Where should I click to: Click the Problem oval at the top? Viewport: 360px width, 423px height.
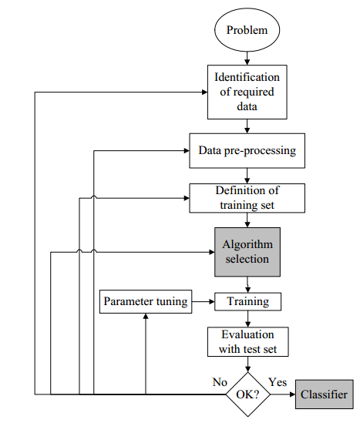pyautogui.click(x=247, y=30)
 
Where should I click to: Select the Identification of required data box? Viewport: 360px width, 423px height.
pyautogui.click(x=247, y=92)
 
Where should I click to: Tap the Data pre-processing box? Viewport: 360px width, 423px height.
pyautogui.click(x=247, y=150)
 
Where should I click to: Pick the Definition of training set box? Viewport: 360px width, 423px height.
pyautogui.click(x=247, y=198)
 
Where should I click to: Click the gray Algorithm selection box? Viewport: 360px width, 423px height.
pyautogui.click(x=247, y=252)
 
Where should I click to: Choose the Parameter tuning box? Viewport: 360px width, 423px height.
pyautogui.click(x=146, y=301)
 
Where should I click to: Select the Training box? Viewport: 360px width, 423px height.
pyautogui.click(x=247, y=301)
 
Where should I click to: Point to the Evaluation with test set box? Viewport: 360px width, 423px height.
pyautogui.click(x=247, y=342)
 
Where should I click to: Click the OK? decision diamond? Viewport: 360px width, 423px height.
pyautogui.click(x=247, y=394)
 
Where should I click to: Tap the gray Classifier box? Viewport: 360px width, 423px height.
pyautogui.click(x=324, y=394)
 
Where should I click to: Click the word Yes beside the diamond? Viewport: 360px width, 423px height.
pyautogui.click(x=278, y=382)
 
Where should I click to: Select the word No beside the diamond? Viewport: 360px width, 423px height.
pyautogui.click(x=220, y=382)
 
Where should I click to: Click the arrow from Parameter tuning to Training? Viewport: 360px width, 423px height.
pyautogui.click(x=204, y=301)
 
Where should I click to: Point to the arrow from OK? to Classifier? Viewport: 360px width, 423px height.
pyautogui.click(x=283, y=394)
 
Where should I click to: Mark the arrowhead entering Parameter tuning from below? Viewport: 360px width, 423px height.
pyautogui.click(x=146, y=316)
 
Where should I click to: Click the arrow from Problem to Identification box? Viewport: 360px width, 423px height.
pyautogui.click(x=247, y=58)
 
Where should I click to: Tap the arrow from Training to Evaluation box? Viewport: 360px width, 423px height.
pyautogui.click(x=247, y=319)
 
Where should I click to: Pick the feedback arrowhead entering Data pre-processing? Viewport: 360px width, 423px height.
pyautogui.click(x=187, y=151)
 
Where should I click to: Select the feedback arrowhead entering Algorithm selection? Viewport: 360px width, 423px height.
pyautogui.click(x=212, y=252)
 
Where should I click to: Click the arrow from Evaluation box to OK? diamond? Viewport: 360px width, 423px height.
pyautogui.click(x=247, y=364)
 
